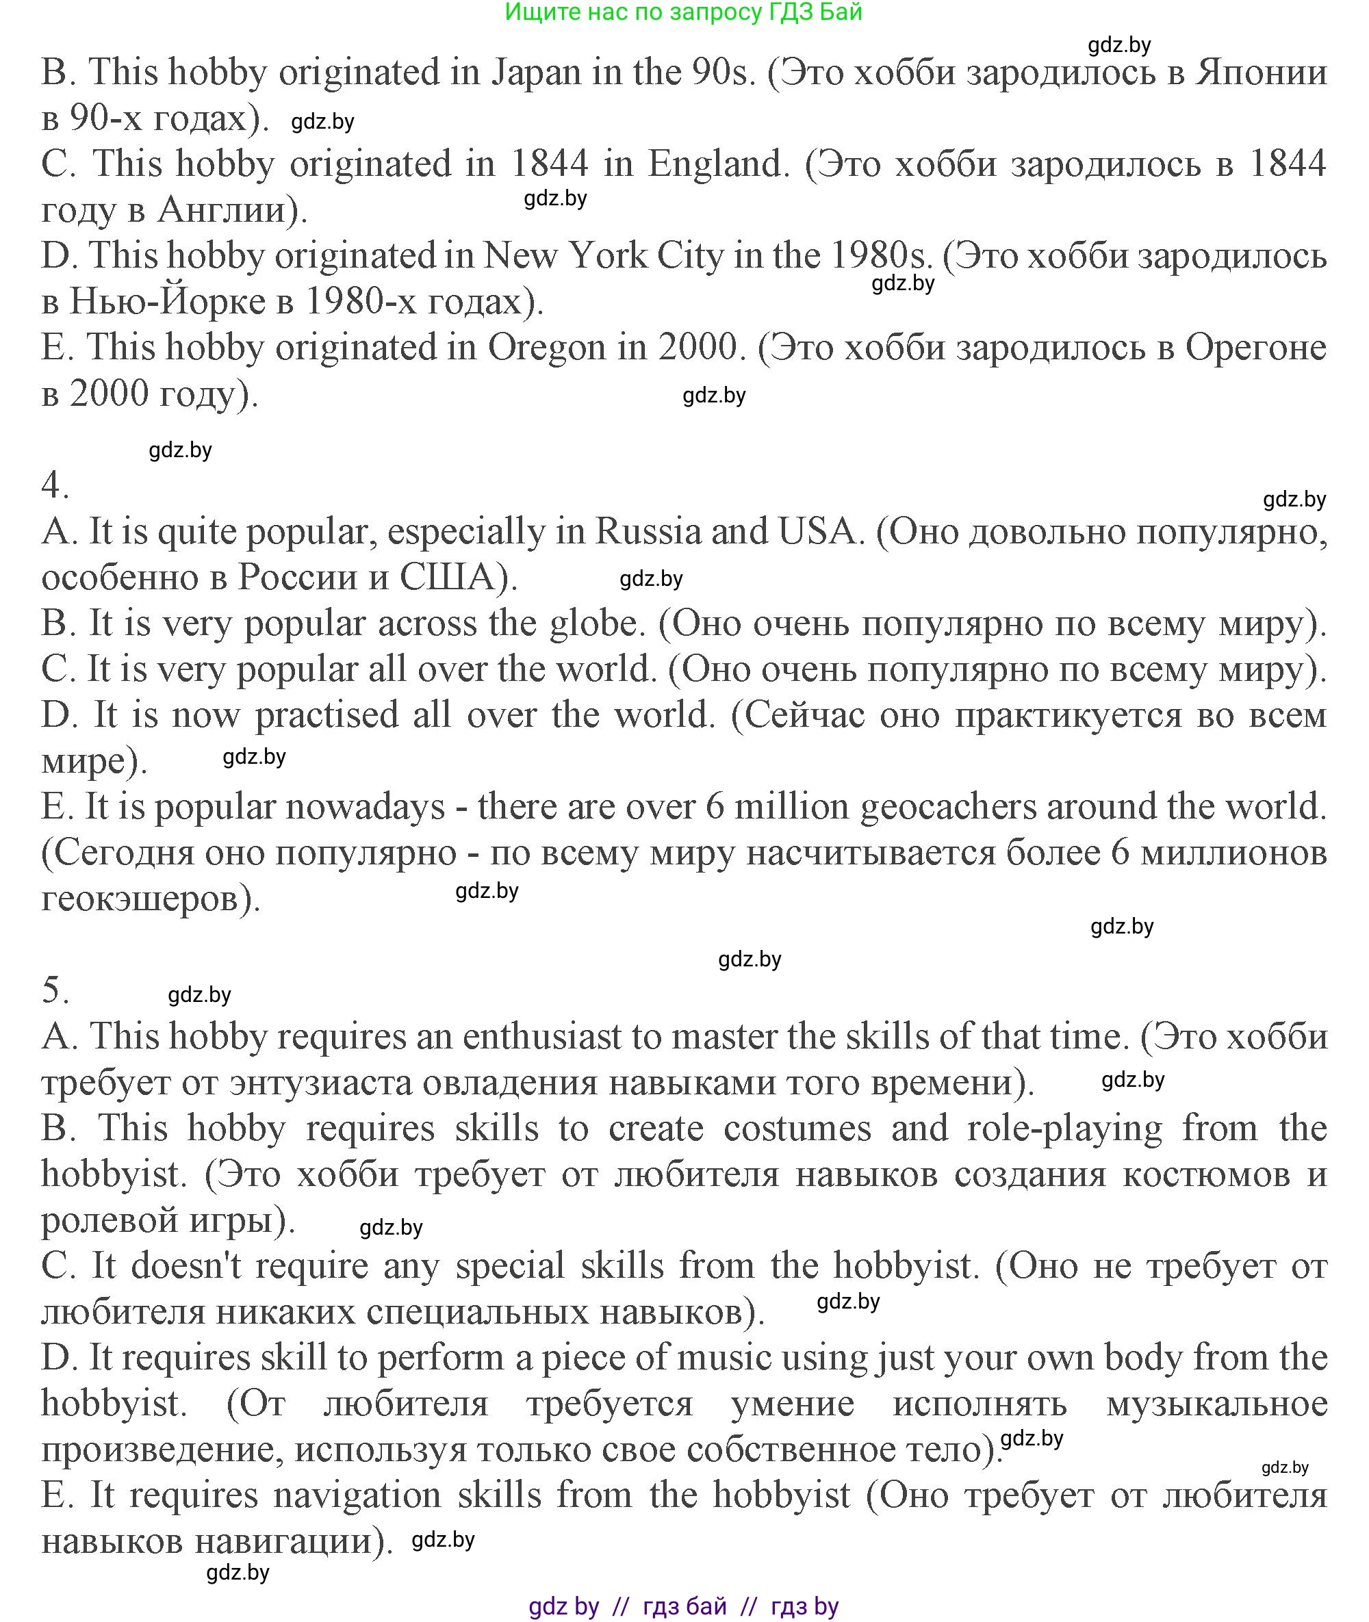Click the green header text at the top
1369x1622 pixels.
(x=683, y=12)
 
